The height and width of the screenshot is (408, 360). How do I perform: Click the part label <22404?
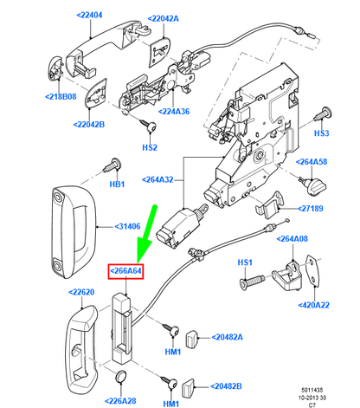[89, 15]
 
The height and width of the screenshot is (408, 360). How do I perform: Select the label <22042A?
[164, 19]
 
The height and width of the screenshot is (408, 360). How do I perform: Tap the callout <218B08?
[61, 96]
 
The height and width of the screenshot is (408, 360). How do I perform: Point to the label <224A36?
[174, 112]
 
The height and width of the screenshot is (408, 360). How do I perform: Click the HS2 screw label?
[150, 147]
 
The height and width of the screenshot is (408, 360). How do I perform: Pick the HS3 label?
[321, 133]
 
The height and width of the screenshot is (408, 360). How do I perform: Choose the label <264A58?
[312, 162]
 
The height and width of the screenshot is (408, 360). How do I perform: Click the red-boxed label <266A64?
[125, 271]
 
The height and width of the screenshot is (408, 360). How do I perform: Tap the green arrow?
[147, 234]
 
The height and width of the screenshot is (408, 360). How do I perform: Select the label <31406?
[127, 226]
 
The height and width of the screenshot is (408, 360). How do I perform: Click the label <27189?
[310, 209]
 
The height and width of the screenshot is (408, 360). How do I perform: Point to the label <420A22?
[313, 305]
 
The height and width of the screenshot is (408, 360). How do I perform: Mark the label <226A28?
[120, 401]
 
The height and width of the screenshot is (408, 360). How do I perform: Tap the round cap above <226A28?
[121, 375]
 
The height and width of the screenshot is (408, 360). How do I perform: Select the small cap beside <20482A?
[191, 339]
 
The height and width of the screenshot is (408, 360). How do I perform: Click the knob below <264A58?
[313, 185]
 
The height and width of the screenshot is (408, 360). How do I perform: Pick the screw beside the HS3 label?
[322, 114]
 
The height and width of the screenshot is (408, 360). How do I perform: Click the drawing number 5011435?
[312, 390]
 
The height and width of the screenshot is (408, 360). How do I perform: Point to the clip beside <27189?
[269, 204]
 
